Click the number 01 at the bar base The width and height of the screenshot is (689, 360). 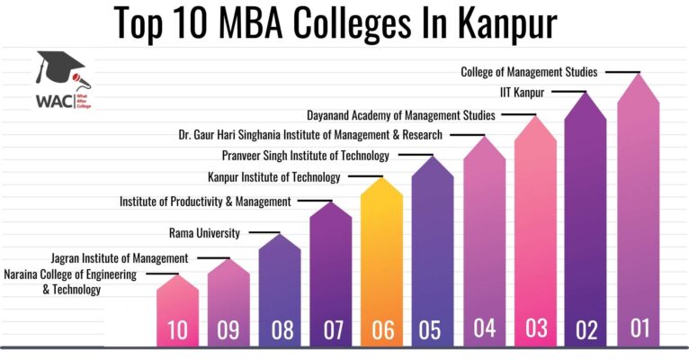coord(640,328)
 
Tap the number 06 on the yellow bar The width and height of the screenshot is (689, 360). coord(383,330)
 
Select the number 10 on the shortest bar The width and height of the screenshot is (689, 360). coord(177,330)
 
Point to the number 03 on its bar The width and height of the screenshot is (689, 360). coord(536,328)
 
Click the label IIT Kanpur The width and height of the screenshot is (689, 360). coord(522,93)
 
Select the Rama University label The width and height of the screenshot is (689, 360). coord(204,232)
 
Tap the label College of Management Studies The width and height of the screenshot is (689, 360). coord(529,72)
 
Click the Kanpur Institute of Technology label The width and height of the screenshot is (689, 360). coord(274,177)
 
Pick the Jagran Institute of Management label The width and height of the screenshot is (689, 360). coord(120,258)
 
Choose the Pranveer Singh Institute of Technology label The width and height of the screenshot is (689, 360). coord(306,156)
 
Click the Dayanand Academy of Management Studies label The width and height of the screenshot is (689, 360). coord(401,115)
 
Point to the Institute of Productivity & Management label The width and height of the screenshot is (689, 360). coord(205,202)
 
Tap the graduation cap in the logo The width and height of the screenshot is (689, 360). coord(61,68)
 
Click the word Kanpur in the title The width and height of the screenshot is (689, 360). coord(507,24)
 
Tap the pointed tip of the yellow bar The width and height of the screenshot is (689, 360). coord(382,177)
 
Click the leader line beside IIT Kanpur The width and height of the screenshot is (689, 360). coord(569,92)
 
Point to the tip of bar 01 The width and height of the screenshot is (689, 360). coord(638,74)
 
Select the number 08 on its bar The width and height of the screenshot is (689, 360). coord(282,330)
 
